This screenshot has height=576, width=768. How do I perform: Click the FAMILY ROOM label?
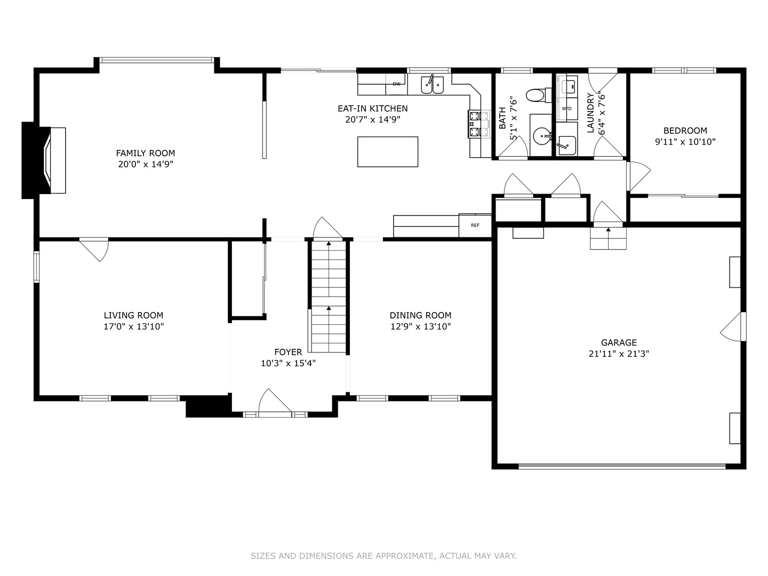pos(146,153)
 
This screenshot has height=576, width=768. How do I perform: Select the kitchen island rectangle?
pos(387,152)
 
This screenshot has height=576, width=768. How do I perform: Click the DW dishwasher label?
pos(396,84)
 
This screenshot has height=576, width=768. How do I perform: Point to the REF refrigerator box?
pos(475,225)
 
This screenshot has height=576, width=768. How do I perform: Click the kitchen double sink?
pos(432,85)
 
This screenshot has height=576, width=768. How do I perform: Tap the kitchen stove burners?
pos(479,123)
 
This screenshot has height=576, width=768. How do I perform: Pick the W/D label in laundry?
pos(566,108)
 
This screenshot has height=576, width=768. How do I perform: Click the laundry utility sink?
pos(566,145)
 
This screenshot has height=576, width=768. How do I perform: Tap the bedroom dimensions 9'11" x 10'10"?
pos(685,142)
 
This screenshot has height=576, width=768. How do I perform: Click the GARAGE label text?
pos(619,342)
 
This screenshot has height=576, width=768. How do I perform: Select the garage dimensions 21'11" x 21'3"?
pos(619,354)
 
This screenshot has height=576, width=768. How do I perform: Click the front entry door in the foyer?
pos(275,404)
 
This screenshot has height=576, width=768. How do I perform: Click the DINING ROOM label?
pos(420,315)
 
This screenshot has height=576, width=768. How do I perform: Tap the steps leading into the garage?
pos(608,238)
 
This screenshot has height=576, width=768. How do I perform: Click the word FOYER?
pos(288,352)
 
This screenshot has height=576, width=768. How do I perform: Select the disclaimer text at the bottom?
pos(383,556)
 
